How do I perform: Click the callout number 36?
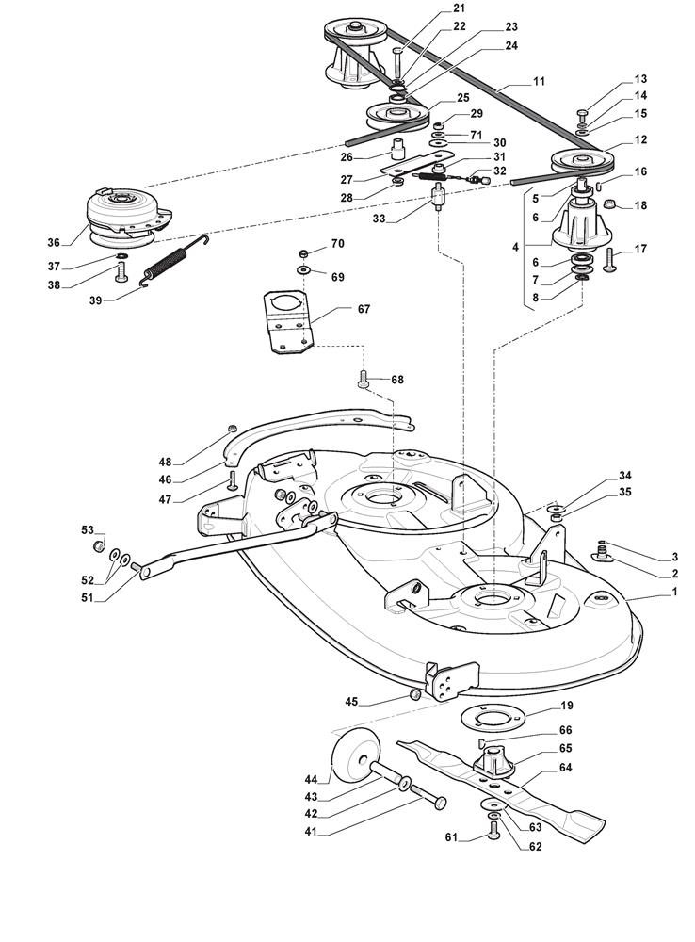coord(54,242)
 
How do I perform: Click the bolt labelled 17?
coord(608,257)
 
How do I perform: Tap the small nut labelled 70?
coord(303,253)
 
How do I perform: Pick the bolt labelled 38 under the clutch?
coord(121,273)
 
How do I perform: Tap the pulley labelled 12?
coord(577,160)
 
